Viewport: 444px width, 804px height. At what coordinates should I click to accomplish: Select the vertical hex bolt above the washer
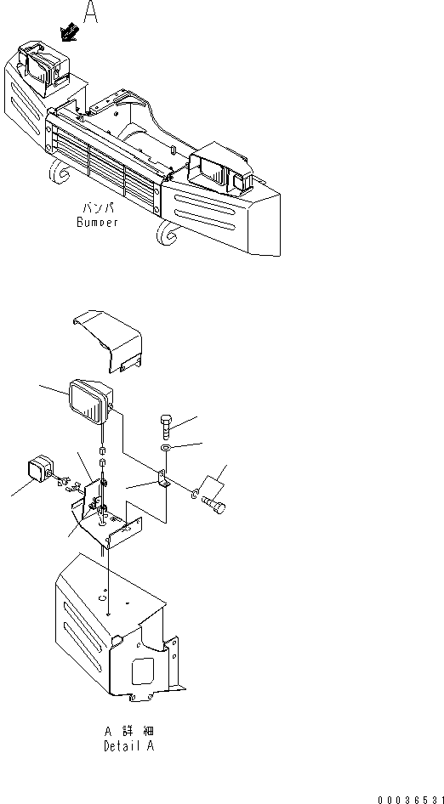tap(166, 422)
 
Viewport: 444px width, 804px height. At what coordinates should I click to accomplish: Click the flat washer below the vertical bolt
tap(166, 447)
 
